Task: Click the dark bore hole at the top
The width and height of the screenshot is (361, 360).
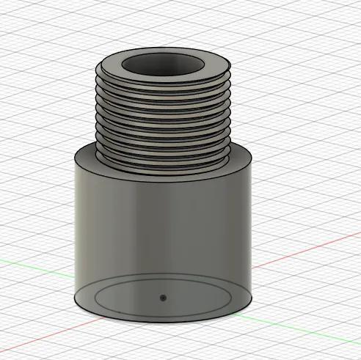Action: pyautogui.click(x=162, y=66)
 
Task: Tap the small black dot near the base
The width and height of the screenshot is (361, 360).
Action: pyautogui.click(x=163, y=298)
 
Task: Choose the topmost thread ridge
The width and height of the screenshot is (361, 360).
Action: pyautogui.click(x=162, y=87)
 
